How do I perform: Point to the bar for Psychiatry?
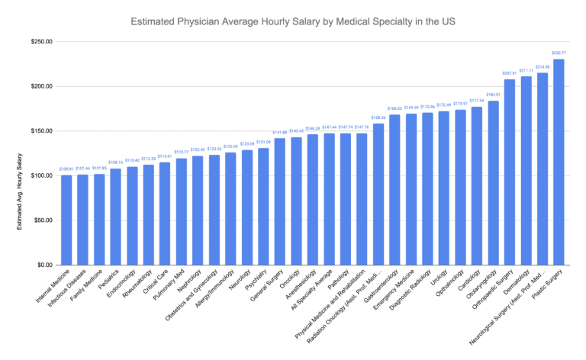click(x=263, y=206)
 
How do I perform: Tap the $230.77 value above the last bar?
click(x=559, y=53)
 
